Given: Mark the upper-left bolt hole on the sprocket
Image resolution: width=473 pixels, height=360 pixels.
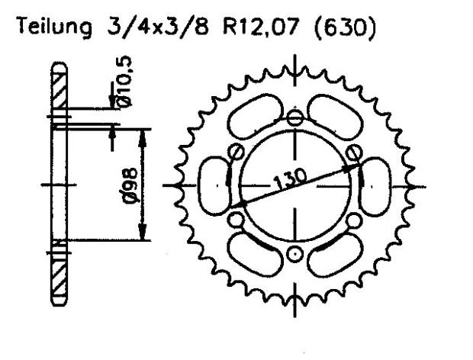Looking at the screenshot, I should (237, 150).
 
